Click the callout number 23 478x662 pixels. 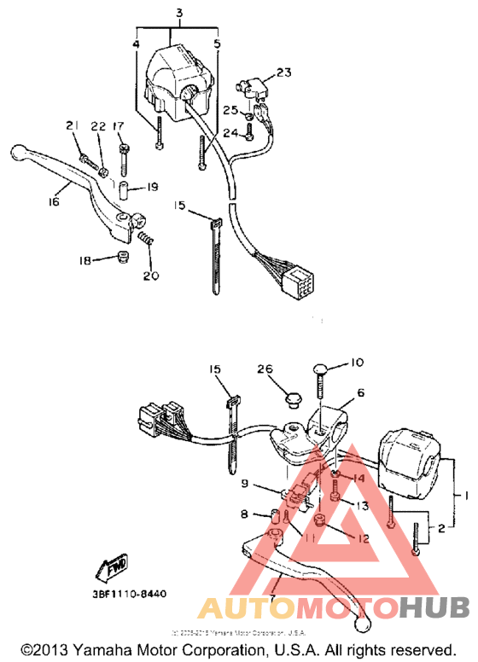coord(283,73)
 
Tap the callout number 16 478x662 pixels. coord(53,203)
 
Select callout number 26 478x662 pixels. coord(265,369)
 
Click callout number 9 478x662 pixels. coord(246,484)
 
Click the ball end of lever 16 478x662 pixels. coord(18,154)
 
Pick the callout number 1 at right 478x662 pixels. coord(466,495)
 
